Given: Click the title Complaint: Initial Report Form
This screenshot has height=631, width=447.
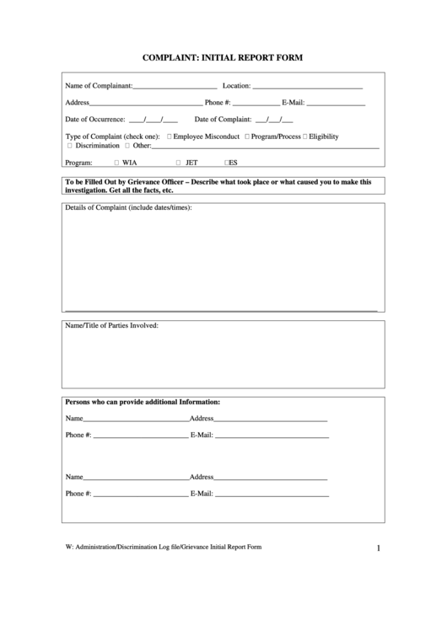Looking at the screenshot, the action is tap(223, 58).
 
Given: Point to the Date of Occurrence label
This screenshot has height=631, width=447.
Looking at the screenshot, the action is tap(95, 119).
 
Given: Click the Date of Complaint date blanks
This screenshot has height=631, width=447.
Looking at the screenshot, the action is tap(268, 120).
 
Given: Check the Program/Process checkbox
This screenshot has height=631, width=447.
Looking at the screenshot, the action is tap(247, 136).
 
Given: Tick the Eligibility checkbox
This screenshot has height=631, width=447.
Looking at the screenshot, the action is tap(305, 136).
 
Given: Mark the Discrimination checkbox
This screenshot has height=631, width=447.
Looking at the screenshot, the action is tap(69, 146).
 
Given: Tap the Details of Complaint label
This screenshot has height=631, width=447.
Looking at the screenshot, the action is tap(129, 208).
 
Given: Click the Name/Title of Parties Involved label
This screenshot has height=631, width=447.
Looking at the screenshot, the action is tap(111, 324).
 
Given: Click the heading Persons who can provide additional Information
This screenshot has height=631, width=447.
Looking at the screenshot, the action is tap(143, 402).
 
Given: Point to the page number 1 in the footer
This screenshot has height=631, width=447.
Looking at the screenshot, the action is tap(379, 549).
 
